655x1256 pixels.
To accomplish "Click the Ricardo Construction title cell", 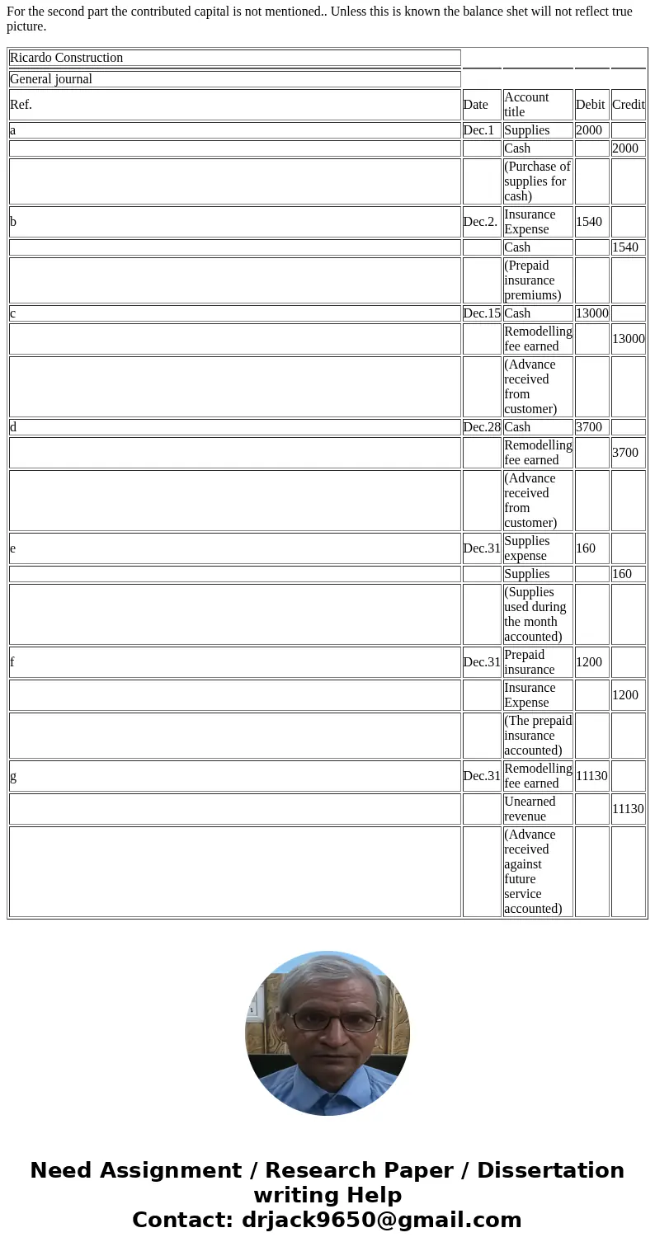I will coord(234,58).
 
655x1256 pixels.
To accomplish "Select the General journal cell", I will coord(234,79).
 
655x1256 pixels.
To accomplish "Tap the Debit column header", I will coord(591,105).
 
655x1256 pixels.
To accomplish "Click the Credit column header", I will coord(629,105).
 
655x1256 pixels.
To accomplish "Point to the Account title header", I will coord(537,105).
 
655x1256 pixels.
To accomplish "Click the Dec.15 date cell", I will coord(482,313).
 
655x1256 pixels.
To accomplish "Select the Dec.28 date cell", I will coord(482,427).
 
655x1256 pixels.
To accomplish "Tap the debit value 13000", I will coord(591,313).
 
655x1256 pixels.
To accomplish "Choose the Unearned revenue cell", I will coord(537,809).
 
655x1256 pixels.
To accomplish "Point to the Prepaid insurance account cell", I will coord(537,662).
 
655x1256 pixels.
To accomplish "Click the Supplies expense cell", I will coord(537,548).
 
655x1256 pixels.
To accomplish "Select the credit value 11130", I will coord(628,809).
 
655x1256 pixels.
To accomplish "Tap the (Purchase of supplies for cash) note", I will coord(537,181).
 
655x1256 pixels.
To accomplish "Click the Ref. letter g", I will coord(13,776).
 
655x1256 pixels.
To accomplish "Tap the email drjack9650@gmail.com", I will coord(381,1221).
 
